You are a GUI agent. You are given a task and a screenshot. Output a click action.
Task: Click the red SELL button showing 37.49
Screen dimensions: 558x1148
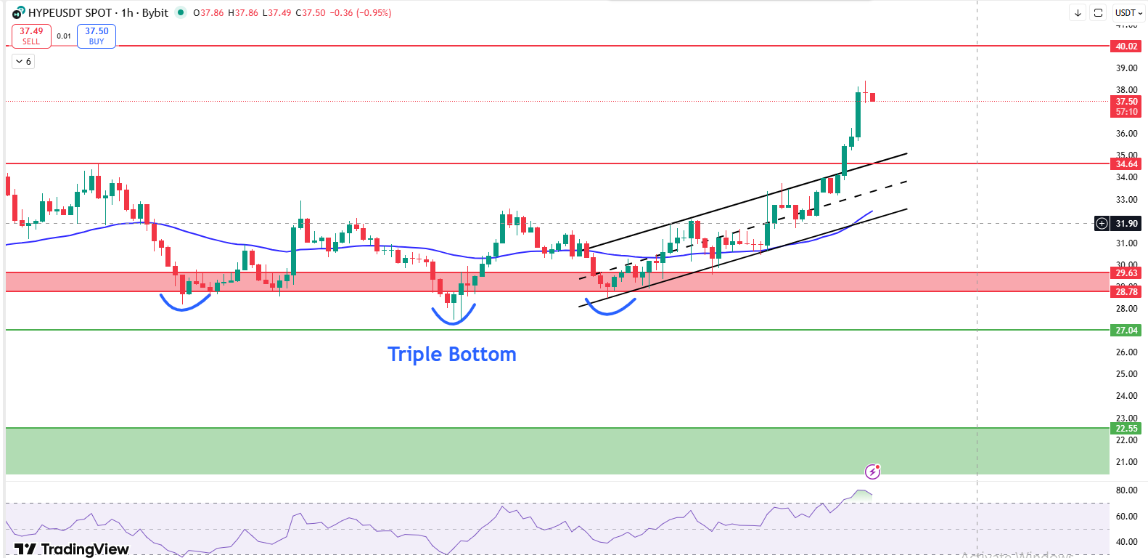31,36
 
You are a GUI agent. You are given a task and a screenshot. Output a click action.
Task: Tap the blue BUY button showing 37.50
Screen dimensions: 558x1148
97,36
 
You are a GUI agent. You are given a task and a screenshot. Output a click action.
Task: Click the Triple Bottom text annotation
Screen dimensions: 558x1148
451,354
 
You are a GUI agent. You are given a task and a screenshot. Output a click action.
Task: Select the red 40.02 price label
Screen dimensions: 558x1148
1126,46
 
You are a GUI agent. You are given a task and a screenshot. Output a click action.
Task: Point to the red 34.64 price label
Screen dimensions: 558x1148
1126,164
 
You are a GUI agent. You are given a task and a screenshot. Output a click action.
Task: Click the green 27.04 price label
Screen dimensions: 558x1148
1126,331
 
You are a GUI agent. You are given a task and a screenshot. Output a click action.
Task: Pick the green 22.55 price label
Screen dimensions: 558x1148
1126,429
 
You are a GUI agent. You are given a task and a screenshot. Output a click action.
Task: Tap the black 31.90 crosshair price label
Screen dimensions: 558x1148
1126,224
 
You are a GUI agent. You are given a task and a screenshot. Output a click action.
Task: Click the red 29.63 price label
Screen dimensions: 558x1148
1126,273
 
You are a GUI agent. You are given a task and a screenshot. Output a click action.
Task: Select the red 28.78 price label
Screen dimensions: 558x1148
1126,292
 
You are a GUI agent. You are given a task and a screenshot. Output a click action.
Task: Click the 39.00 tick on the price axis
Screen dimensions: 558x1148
1126,68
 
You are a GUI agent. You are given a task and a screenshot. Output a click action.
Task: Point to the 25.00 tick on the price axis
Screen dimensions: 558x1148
1126,374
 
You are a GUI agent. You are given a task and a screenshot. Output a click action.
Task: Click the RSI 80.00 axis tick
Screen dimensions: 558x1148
1126,490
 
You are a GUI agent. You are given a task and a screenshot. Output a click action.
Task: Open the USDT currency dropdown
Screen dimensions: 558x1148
1128,13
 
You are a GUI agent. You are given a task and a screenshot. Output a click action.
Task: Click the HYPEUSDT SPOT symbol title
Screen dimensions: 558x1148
70,13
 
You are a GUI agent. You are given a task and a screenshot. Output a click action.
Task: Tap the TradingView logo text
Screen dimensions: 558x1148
72,549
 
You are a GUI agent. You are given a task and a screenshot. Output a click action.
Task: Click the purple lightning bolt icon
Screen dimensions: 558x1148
872,472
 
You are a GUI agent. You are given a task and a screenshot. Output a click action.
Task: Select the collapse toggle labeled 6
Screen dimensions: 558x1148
23,62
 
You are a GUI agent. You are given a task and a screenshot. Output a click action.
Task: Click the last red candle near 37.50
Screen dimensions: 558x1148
872,97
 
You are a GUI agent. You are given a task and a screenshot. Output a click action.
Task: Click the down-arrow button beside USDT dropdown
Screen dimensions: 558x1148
1078,13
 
